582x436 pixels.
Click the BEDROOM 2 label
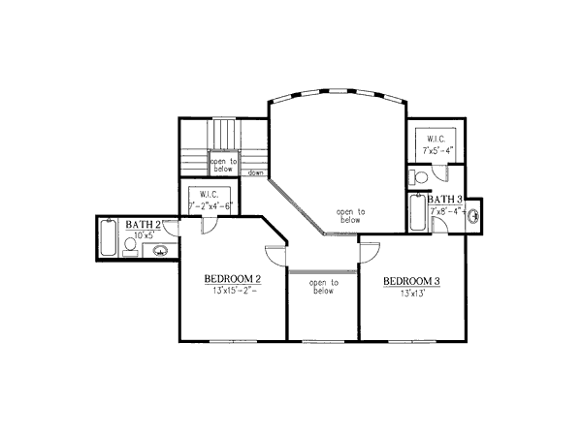pyautogui.click(x=230, y=279)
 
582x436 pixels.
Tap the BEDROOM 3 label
pyautogui.click(x=411, y=282)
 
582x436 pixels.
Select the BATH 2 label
pyautogui.click(x=142, y=224)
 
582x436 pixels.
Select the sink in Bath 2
pyautogui.click(x=161, y=252)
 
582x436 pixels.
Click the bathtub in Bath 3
pyautogui.click(x=417, y=213)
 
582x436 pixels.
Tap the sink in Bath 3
pyautogui.click(x=474, y=217)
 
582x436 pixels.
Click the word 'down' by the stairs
pyautogui.click(x=256, y=173)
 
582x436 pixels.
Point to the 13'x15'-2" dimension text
pyautogui.click(x=230, y=293)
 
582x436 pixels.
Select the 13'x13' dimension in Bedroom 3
pyautogui.click(x=410, y=294)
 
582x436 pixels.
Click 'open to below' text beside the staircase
pyautogui.click(x=224, y=166)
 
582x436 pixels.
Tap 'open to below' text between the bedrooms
pyautogui.click(x=323, y=288)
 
